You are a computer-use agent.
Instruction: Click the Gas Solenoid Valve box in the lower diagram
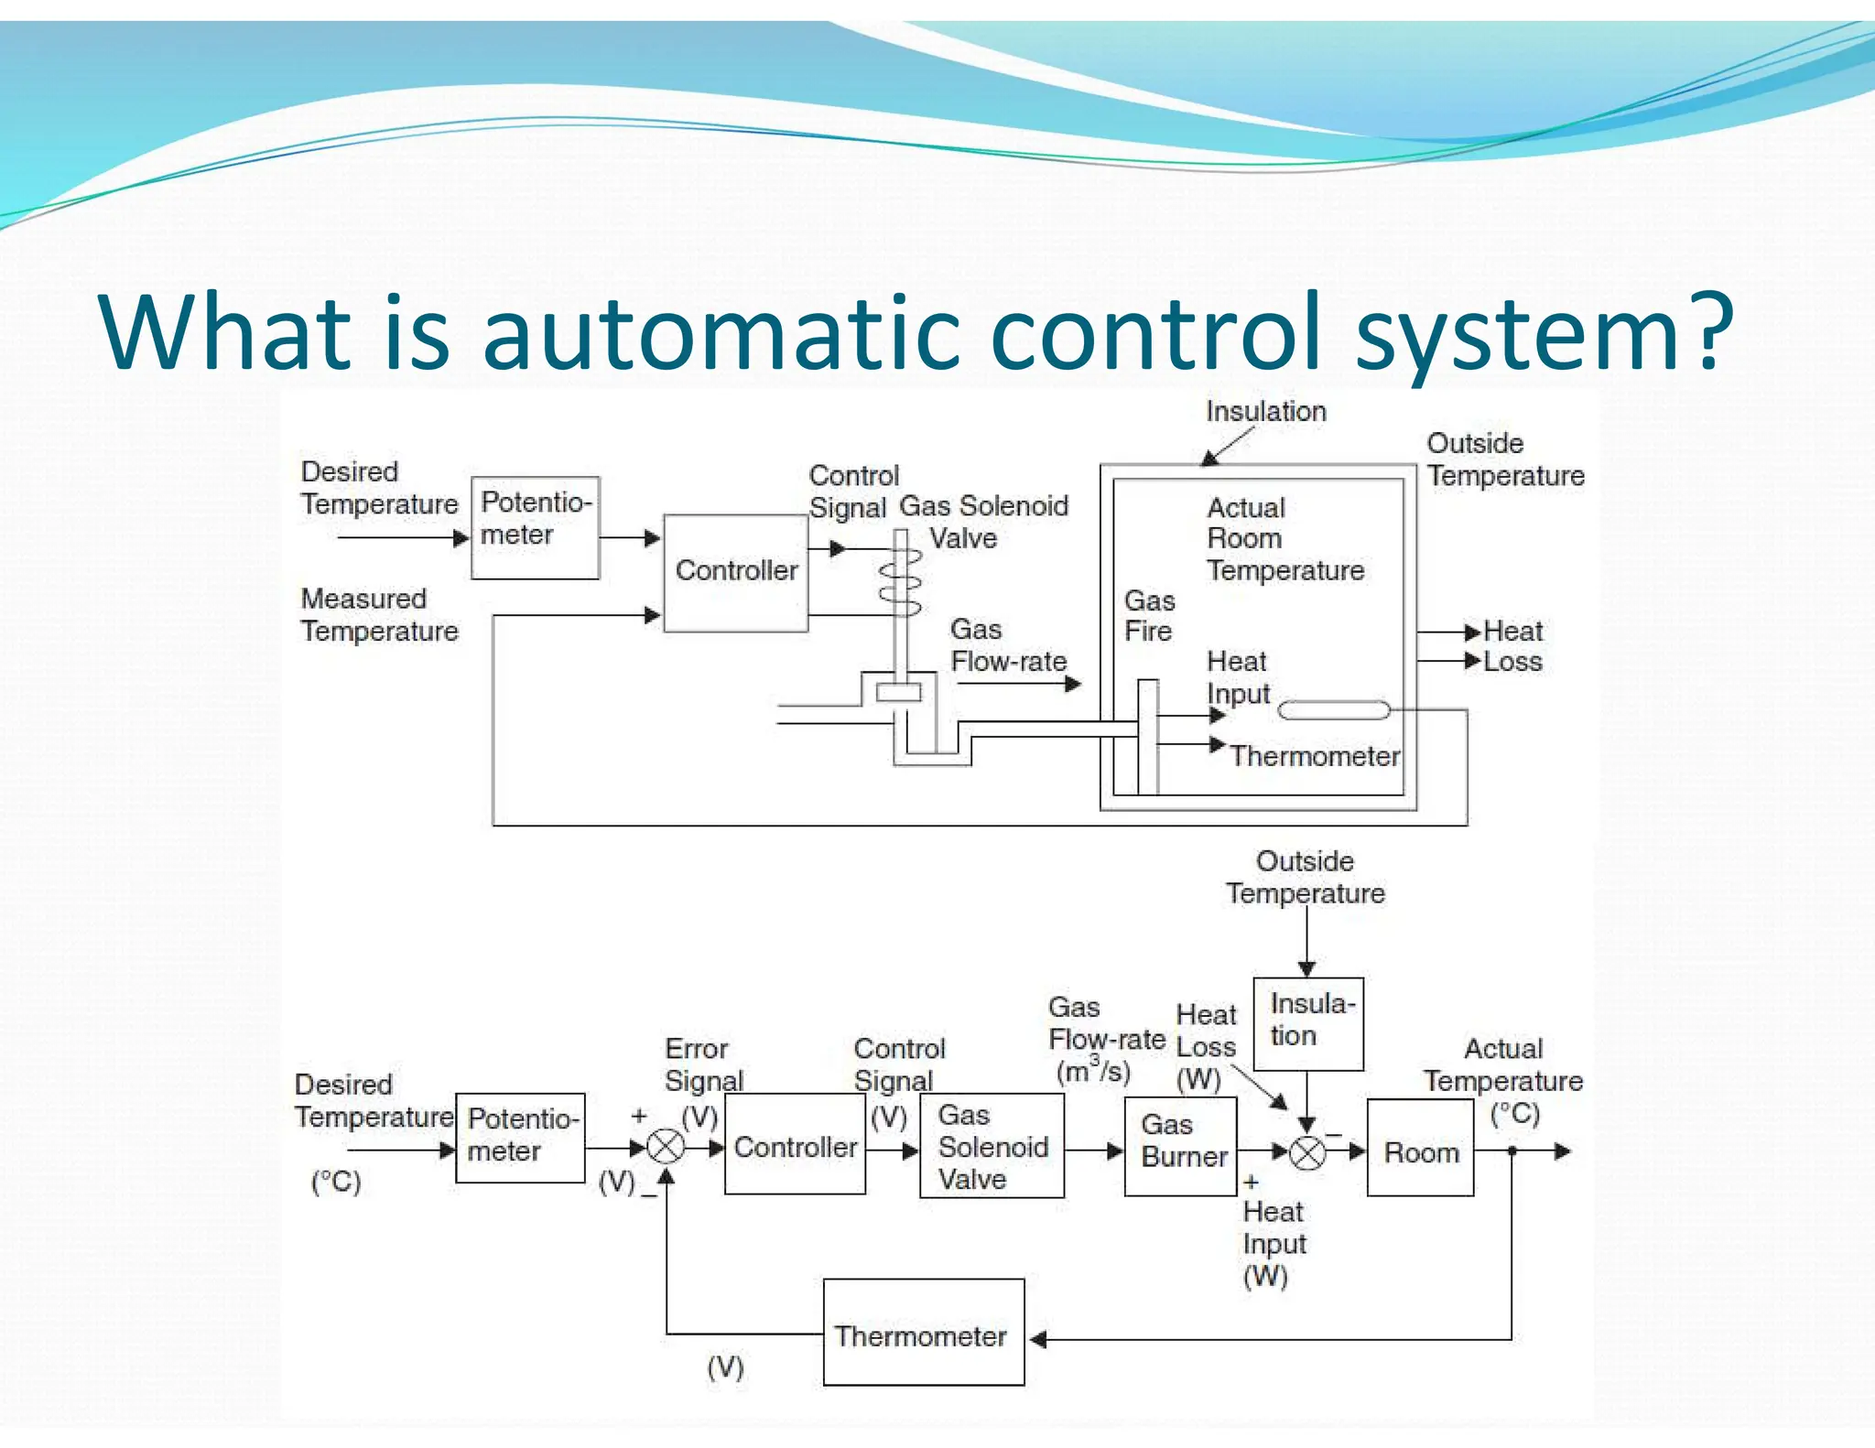point(992,1146)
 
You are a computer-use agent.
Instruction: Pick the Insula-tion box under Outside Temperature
point(1307,1023)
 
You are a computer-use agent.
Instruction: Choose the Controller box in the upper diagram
point(735,572)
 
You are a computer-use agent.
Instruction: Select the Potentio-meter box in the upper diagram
point(535,527)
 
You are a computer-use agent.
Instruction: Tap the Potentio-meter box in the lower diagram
point(519,1137)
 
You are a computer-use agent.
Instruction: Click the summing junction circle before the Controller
point(666,1146)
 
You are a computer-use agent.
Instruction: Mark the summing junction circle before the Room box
point(1307,1152)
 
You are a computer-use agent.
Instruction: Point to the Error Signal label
point(702,1064)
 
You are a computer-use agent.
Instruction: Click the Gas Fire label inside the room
point(1149,616)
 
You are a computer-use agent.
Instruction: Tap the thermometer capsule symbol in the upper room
point(1333,709)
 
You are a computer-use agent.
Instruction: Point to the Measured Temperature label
point(379,614)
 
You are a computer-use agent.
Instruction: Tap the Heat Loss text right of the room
point(1512,646)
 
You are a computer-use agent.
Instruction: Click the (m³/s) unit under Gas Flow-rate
point(1092,1071)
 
